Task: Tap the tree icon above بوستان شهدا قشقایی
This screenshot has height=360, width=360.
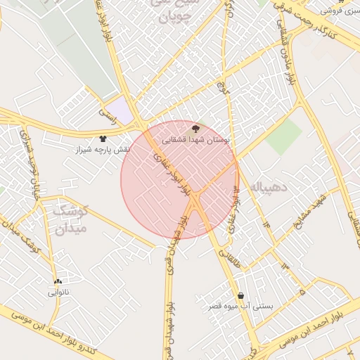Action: coord(195,129)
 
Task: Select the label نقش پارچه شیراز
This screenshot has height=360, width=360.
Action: coord(104,150)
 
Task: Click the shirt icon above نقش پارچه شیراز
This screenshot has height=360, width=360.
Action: coord(103,139)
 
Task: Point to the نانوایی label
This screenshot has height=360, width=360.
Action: coord(57,292)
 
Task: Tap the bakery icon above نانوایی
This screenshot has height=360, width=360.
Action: coord(58,281)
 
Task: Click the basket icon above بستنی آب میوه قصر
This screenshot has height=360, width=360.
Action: coord(242,295)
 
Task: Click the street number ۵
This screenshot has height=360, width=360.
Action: coord(302,290)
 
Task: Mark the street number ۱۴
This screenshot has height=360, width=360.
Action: coord(267,223)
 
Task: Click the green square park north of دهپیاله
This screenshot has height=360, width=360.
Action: coord(283,136)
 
